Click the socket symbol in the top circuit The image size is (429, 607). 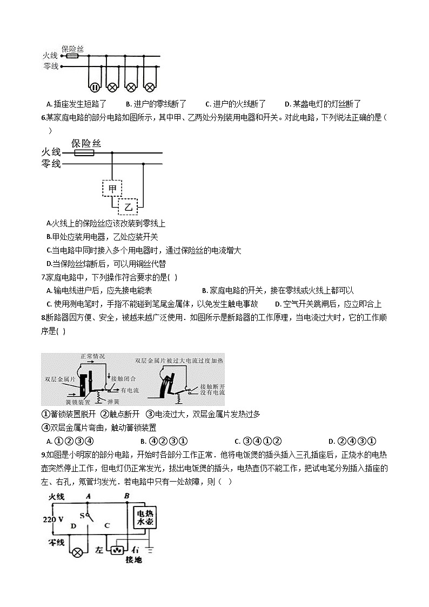[x=94, y=87]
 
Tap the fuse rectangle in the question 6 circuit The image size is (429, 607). [x=84, y=153]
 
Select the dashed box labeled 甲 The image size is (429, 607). [x=112, y=189]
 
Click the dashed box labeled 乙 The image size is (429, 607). [x=128, y=206]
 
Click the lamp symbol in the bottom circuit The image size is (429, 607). [x=78, y=552]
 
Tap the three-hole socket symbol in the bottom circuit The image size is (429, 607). [x=117, y=551]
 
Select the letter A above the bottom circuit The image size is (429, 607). [x=88, y=495]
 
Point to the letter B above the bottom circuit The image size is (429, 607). [x=126, y=495]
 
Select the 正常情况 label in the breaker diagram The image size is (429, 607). [x=92, y=356]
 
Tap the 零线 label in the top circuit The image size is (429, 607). [x=50, y=66]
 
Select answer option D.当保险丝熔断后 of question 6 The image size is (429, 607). [x=106, y=264]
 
